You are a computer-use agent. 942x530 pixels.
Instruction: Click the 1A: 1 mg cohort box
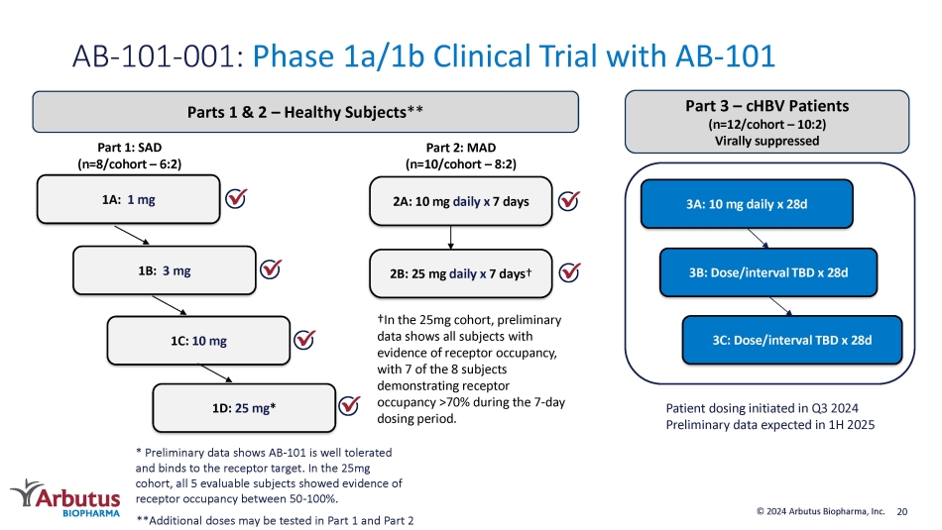click(x=129, y=199)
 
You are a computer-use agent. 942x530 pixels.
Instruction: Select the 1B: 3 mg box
click(x=165, y=270)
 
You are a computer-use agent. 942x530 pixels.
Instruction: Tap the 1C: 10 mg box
click(x=199, y=341)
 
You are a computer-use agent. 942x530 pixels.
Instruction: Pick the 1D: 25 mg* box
click(x=244, y=408)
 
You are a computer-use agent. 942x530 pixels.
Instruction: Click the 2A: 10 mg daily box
click(x=461, y=201)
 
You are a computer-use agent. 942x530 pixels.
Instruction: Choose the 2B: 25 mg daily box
click(x=461, y=273)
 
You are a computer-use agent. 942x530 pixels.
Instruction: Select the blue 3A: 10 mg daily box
click(x=747, y=203)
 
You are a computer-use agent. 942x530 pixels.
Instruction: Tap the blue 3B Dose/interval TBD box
click(x=768, y=272)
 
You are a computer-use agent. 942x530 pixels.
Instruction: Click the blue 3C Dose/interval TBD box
click(x=792, y=341)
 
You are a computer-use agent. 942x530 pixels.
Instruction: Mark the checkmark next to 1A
click(x=236, y=198)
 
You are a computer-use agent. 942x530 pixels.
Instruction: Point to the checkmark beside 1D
click(x=349, y=406)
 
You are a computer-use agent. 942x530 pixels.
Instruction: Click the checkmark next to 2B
click(x=569, y=272)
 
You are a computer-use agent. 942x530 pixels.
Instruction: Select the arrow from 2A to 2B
click(x=450, y=238)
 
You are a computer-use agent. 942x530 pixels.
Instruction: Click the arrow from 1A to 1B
click(x=132, y=236)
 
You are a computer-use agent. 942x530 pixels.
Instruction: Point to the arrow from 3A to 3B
click(x=759, y=239)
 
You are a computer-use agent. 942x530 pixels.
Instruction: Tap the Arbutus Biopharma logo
click(x=65, y=498)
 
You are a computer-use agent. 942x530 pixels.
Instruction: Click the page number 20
click(x=901, y=512)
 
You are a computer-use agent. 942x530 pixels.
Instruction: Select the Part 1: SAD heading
click(x=130, y=147)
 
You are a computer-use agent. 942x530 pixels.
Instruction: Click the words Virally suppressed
click(x=766, y=141)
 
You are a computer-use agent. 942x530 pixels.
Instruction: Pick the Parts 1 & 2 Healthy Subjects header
click(x=305, y=112)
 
